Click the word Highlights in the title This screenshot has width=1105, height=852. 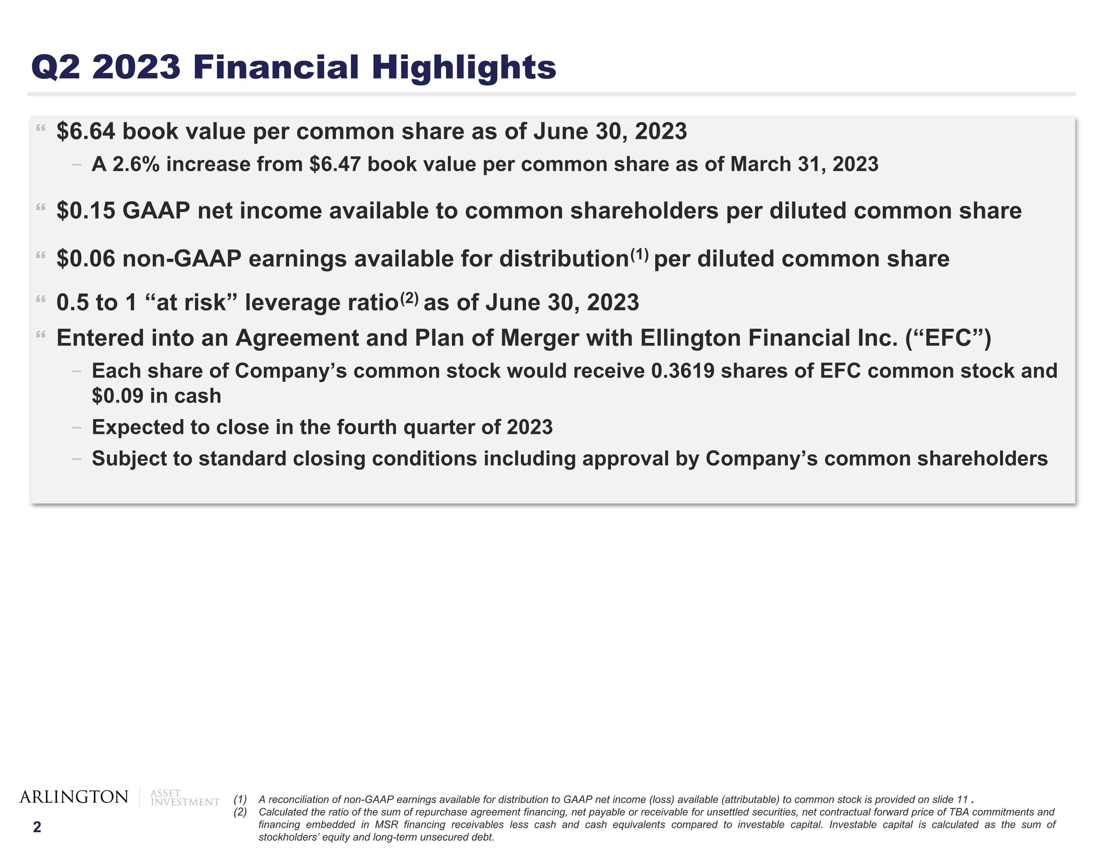pyautogui.click(x=464, y=67)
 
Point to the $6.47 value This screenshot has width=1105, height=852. pyautogui.click(x=335, y=165)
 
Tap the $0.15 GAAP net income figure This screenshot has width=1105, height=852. pyautogui.click(x=86, y=211)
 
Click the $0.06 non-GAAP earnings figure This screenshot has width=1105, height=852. pyautogui.click(x=86, y=259)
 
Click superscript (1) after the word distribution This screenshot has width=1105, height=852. pyautogui.click(x=639, y=254)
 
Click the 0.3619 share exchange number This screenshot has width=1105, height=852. pyautogui.click(x=683, y=371)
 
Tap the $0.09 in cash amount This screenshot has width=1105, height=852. pyautogui.click(x=117, y=396)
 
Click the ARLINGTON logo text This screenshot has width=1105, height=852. pyautogui.click(x=74, y=797)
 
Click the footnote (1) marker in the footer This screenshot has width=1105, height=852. pyautogui.click(x=240, y=799)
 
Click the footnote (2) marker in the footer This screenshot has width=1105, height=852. pyautogui.click(x=240, y=812)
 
